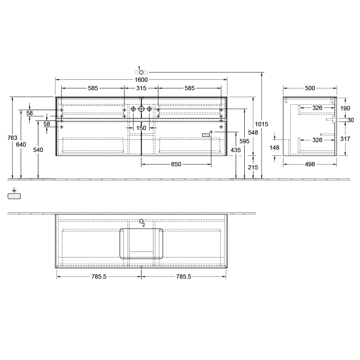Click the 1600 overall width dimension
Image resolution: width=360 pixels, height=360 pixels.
[x=141, y=80]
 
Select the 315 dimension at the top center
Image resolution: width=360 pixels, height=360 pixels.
[x=141, y=88]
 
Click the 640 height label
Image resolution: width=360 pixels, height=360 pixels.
[x=21, y=145]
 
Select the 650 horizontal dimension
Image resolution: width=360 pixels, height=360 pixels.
[x=176, y=165]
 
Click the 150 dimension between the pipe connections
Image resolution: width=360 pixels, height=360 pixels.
[x=141, y=128]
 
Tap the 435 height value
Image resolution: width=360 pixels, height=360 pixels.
[x=236, y=150]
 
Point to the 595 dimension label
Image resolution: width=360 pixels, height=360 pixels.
[x=244, y=141]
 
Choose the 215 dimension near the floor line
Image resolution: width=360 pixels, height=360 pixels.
[x=253, y=167]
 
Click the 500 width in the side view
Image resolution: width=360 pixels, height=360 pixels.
[x=310, y=88]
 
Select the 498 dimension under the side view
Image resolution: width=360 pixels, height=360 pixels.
[x=310, y=165]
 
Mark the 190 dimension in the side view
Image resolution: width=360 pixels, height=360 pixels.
[x=345, y=109]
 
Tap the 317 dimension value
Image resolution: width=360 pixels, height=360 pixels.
[x=345, y=138]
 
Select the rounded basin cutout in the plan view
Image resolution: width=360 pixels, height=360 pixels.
[x=142, y=243]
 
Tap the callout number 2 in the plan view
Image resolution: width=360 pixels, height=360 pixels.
[x=143, y=225]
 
